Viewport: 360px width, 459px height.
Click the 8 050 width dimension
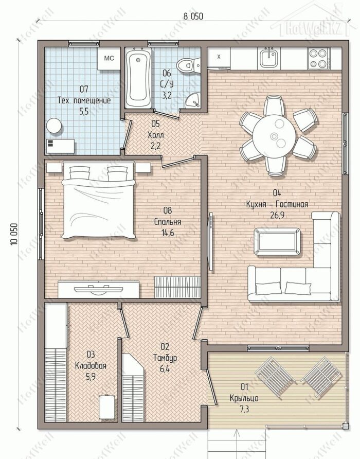pyautogui.click(x=193, y=16)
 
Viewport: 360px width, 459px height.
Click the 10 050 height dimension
pyautogui.click(x=14, y=234)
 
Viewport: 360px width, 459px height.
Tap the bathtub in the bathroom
pyautogui.click(x=138, y=78)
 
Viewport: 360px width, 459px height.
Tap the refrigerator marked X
pyautogui.click(x=219, y=58)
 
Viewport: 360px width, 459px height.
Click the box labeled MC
pyautogui.click(x=109, y=59)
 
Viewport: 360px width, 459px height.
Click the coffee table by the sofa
pyautogui.click(x=277, y=241)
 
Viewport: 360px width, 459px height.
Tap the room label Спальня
pyautogui.click(x=168, y=222)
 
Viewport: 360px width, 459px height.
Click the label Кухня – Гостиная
pyautogui.click(x=277, y=204)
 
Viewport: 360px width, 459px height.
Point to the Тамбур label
pyautogui.click(x=165, y=358)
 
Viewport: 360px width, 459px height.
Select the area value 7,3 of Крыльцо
pyautogui.click(x=244, y=409)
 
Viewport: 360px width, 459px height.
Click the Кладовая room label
pyautogui.click(x=91, y=365)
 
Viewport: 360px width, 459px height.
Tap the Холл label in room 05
pyautogui.click(x=156, y=135)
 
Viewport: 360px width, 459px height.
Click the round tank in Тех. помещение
pyautogui.click(x=53, y=126)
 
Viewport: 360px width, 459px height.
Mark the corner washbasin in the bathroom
pyautogui.click(x=193, y=100)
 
